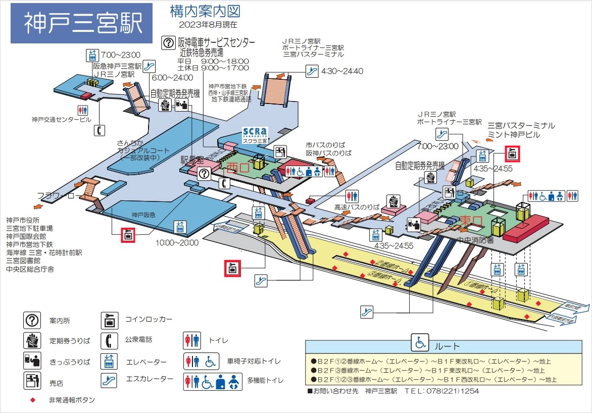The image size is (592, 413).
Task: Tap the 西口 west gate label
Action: click(x=237, y=167)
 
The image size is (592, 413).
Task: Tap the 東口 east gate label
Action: click(x=472, y=221)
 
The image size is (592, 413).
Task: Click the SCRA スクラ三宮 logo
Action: click(x=256, y=134)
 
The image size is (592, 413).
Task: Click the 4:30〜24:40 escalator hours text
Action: click(x=342, y=71)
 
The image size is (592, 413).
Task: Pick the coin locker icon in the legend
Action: click(x=110, y=320)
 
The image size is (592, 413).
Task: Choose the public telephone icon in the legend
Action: click(x=110, y=341)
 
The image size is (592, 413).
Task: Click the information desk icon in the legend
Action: click(x=32, y=320)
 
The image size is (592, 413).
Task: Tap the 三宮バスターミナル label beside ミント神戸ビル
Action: click(x=521, y=125)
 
